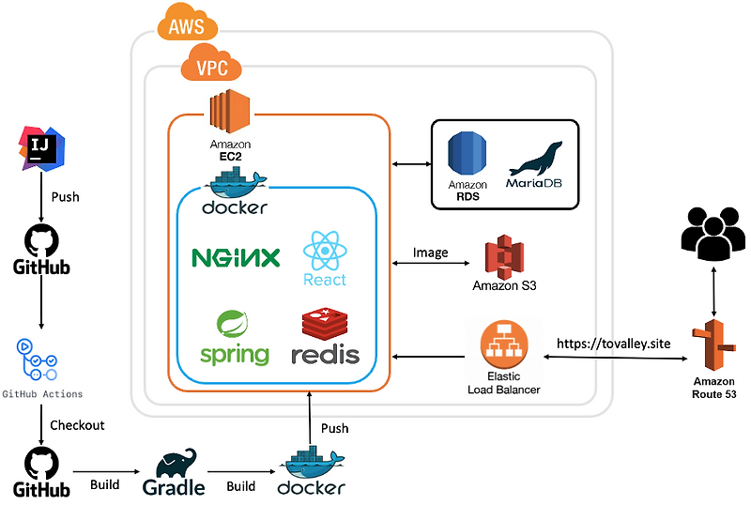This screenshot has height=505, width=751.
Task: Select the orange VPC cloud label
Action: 210,67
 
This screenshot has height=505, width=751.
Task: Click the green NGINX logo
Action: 236,257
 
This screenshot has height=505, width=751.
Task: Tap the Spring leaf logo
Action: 233,326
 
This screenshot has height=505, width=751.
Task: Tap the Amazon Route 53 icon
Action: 713,346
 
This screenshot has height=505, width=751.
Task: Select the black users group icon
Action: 712,232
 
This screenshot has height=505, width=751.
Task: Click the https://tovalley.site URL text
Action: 614,344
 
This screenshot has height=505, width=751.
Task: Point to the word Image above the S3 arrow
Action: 431,252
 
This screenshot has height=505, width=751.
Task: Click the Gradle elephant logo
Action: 175,466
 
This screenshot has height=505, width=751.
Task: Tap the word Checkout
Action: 77,425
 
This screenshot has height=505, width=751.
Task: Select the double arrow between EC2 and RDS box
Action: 410,164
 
